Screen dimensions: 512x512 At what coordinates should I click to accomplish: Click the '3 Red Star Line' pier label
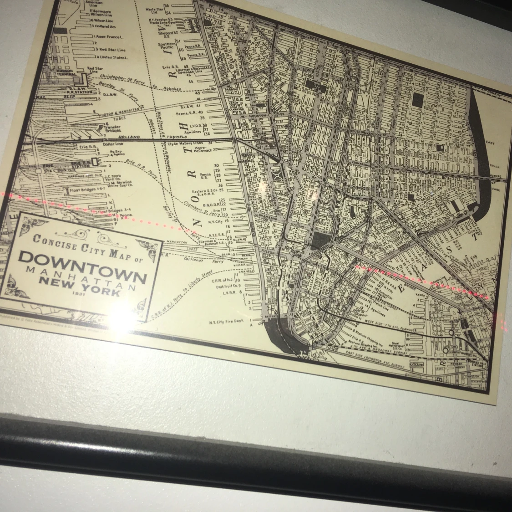[111, 49]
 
